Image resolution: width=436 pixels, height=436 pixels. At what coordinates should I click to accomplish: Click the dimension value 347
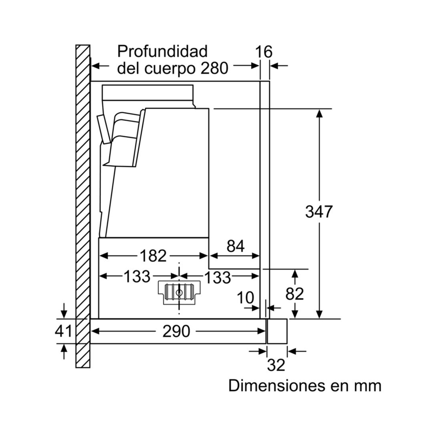tap(318, 212)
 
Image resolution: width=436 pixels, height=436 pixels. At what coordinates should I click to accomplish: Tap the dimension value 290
tap(176, 331)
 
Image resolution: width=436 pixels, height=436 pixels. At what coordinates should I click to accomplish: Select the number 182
tap(153, 256)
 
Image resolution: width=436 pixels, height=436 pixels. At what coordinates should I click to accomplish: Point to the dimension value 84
tap(235, 246)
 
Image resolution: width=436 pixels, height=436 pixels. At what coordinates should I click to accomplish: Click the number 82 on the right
tap(294, 294)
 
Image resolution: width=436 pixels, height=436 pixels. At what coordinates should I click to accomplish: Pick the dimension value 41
tap(64, 331)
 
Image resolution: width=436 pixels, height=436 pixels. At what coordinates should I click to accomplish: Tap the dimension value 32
tap(276, 365)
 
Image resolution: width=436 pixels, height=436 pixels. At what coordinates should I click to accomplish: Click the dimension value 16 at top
tap(264, 52)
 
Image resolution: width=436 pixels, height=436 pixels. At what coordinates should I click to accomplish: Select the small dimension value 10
tap(246, 298)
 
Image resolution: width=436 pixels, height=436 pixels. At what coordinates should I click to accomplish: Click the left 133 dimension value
tap(137, 277)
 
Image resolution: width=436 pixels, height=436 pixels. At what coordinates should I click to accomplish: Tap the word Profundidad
tap(162, 51)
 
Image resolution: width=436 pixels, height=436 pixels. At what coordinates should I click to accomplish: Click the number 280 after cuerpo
tap(214, 68)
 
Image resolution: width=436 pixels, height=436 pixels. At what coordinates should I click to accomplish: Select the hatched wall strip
tap(82, 204)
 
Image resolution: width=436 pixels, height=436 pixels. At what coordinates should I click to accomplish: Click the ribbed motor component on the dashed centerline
tap(179, 292)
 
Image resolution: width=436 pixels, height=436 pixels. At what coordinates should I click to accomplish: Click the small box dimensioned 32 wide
tap(277, 331)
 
